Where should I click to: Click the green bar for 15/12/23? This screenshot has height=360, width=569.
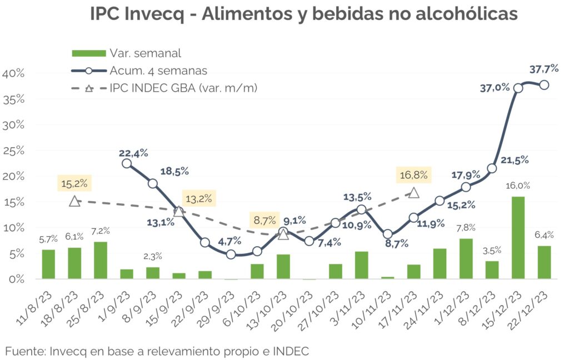[x=518, y=237]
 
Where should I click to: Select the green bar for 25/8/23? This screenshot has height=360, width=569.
[x=101, y=260]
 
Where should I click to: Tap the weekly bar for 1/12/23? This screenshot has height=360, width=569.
[x=466, y=258]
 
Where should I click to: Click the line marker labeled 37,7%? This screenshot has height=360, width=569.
[x=544, y=85]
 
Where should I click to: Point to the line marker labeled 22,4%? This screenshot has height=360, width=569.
[x=127, y=163]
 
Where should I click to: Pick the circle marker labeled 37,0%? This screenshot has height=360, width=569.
[x=518, y=88]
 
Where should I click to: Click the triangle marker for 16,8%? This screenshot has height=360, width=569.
[x=414, y=193]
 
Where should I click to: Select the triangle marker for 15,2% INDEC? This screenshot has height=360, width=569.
[x=74, y=201]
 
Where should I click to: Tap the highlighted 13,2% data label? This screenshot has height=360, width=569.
[x=198, y=198]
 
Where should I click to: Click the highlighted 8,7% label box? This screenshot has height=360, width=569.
[x=265, y=221]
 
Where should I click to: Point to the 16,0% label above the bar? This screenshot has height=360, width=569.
[x=517, y=186]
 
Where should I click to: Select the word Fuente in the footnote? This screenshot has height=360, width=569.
[x=24, y=351]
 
